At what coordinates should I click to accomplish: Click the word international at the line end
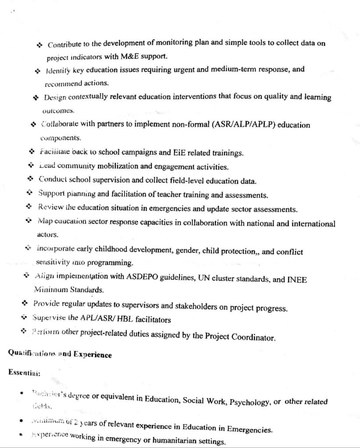[x=311, y=224]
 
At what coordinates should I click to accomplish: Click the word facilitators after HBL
[x=150, y=320]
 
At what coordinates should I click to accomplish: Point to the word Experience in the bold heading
[x=92, y=354]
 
